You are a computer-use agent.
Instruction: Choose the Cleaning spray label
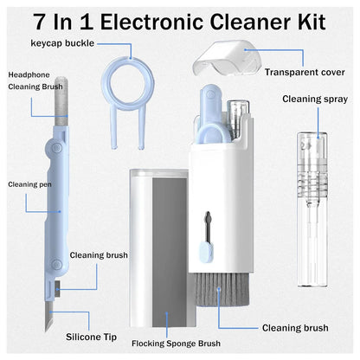click(x=313, y=100)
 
